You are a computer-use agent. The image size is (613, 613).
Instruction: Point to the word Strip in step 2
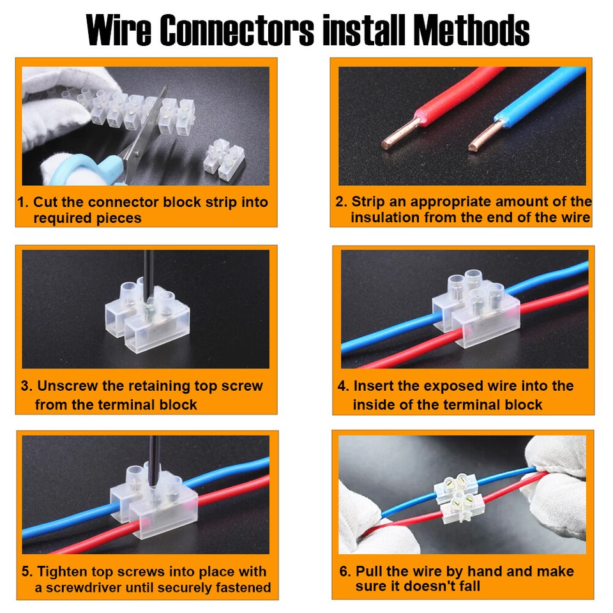(x=368, y=202)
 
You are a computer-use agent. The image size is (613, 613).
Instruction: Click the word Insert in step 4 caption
(x=375, y=386)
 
